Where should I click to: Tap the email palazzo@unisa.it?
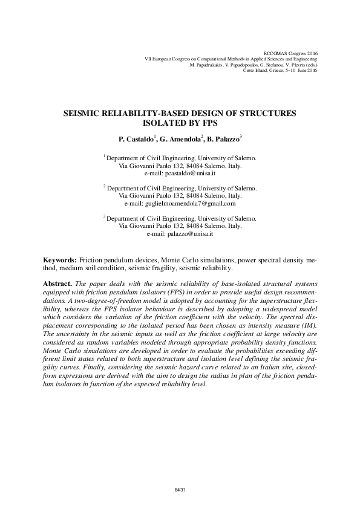coord(191,233)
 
